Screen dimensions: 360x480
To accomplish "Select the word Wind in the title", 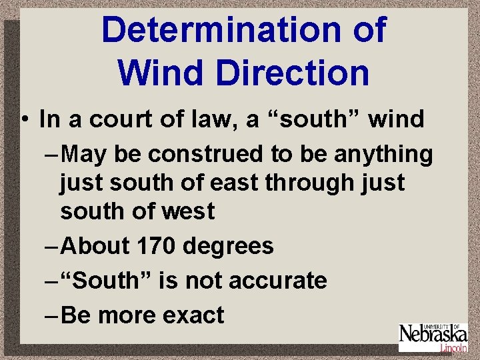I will tap(162, 73).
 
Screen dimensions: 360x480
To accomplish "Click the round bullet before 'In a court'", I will tap(24, 120).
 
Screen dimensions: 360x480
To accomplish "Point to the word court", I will tap(117, 120).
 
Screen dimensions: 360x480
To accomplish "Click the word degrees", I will tap(228, 247).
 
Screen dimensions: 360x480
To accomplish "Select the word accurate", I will tap(278, 281).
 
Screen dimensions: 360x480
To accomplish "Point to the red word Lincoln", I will tap(453, 347).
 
